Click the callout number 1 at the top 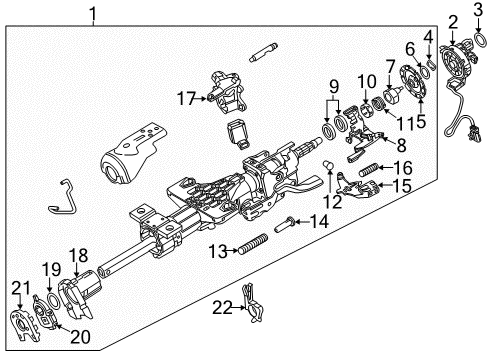tap(93, 14)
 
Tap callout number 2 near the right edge tap(453, 22)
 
